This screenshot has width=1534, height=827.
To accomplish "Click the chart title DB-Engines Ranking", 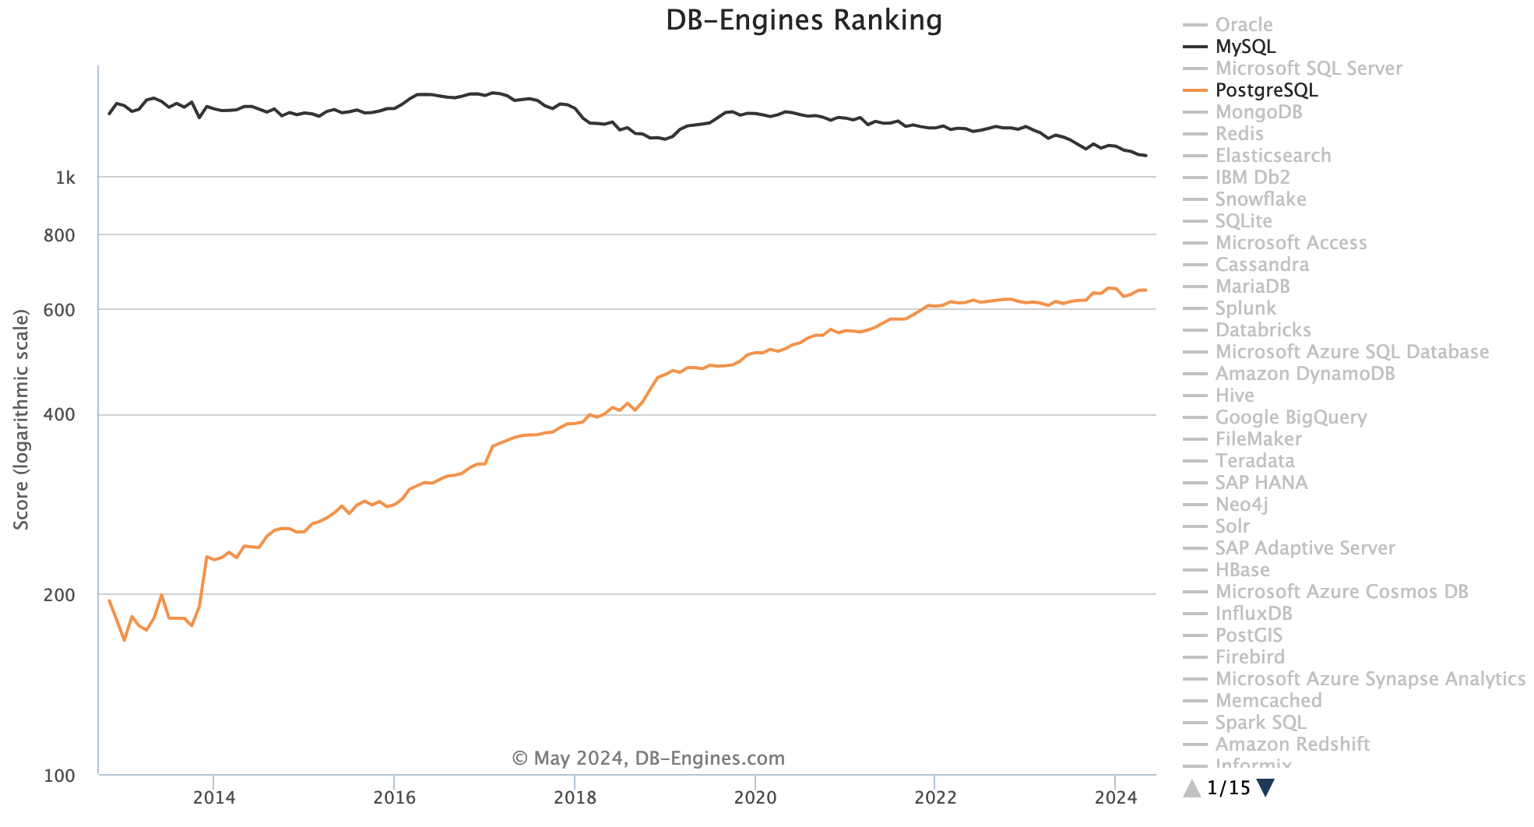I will (x=804, y=20).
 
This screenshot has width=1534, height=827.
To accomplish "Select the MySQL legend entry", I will (x=1245, y=47).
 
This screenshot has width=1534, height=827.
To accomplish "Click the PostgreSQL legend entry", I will (x=1266, y=90).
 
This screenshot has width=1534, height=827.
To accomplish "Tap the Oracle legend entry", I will (x=1244, y=25).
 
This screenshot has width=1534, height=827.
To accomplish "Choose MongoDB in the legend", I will (x=1258, y=112).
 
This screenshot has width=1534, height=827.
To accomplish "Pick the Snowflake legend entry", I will (x=1260, y=199).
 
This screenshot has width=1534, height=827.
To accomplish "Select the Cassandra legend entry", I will (x=1261, y=265).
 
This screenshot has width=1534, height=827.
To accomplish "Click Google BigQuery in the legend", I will (x=1290, y=417).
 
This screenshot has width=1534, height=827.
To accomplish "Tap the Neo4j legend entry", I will (x=1241, y=505).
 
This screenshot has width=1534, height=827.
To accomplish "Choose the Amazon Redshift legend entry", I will (x=1292, y=744).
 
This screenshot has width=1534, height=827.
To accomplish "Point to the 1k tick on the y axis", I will (x=65, y=178).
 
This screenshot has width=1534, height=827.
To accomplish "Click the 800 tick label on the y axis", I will (x=59, y=235).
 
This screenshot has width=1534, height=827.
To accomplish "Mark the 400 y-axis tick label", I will (x=59, y=415).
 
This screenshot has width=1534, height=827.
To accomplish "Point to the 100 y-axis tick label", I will (x=59, y=776).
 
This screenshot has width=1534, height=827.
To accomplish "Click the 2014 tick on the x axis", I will (x=213, y=797).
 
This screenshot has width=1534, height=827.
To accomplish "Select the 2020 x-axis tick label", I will (x=755, y=797).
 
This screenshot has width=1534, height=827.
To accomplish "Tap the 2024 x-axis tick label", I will (x=1116, y=797).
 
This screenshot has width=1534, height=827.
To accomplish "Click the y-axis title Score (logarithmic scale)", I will (x=22, y=421).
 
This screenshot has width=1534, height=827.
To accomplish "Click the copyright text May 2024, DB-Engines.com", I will (x=648, y=758).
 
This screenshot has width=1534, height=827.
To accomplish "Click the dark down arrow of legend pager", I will (x=1266, y=788).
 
